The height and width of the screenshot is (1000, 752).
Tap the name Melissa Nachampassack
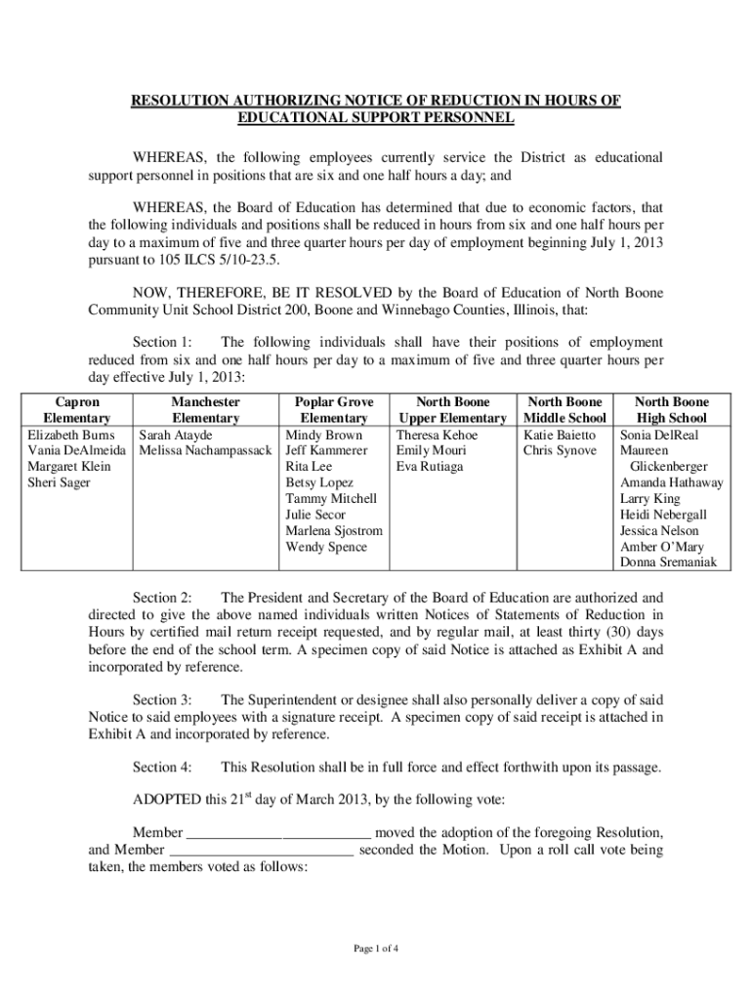pyautogui.click(x=204, y=451)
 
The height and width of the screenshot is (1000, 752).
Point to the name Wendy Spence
pyautogui.click(x=326, y=547)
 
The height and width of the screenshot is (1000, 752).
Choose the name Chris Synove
pyautogui.click(x=560, y=451)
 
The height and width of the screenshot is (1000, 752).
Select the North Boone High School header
pyautogui.click(x=671, y=410)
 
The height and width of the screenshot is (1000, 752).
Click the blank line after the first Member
pyautogui.click(x=277, y=833)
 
